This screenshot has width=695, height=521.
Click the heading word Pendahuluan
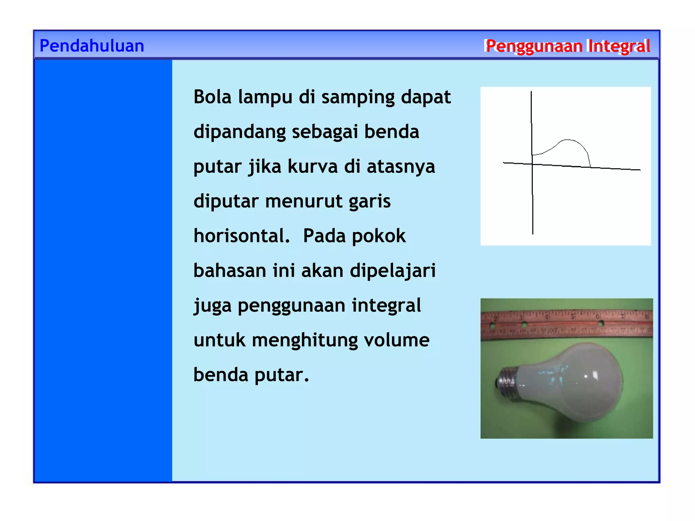click(x=92, y=46)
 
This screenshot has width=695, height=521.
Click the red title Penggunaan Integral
click(x=567, y=46)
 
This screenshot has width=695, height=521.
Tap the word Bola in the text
click(x=212, y=97)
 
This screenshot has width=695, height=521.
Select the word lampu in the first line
click(x=265, y=98)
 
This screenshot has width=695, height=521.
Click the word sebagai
click(x=325, y=132)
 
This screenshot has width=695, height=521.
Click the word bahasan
click(x=230, y=271)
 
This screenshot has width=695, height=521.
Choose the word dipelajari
click(x=392, y=271)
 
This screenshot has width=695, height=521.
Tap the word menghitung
click(x=305, y=341)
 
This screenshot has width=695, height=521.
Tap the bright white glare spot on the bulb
click(x=595, y=375)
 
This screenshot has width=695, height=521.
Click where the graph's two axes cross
click(x=532, y=164)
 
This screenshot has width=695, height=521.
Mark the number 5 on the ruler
click(x=572, y=317)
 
